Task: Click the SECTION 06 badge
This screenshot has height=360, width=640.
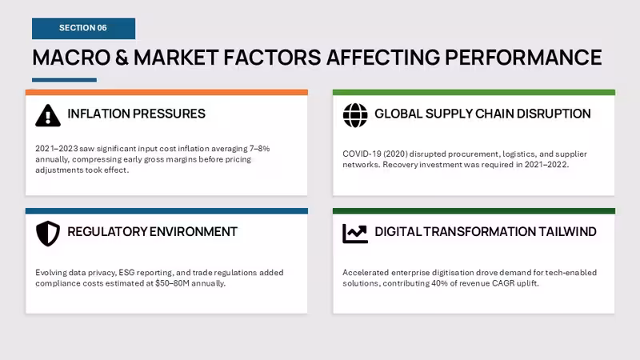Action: click(x=84, y=28)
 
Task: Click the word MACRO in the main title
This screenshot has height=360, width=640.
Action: click(x=71, y=57)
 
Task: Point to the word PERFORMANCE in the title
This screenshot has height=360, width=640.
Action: click(x=523, y=57)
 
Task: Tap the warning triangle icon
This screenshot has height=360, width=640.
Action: click(x=48, y=115)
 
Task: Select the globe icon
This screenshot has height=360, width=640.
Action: click(x=355, y=115)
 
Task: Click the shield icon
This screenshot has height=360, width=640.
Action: click(x=48, y=234)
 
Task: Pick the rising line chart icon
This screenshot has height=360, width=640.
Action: click(x=355, y=234)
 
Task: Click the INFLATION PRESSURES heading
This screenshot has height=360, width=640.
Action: click(x=136, y=114)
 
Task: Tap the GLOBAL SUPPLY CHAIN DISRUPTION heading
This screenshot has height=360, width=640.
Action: click(x=482, y=114)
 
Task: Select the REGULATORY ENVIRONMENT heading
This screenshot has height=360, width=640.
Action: click(x=152, y=231)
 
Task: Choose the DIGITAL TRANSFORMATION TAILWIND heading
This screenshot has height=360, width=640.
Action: click(x=486, y=231)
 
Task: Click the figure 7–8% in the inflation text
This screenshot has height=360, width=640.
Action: click(x=259, y=149)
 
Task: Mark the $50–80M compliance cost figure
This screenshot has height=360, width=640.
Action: click(x=172, y=283)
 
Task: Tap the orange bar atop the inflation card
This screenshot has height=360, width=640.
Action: click(x=166, y=93)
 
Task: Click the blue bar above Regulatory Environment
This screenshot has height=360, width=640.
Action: click(x=166, y=211)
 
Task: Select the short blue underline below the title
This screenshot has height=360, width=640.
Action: click(x=65, y=80)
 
